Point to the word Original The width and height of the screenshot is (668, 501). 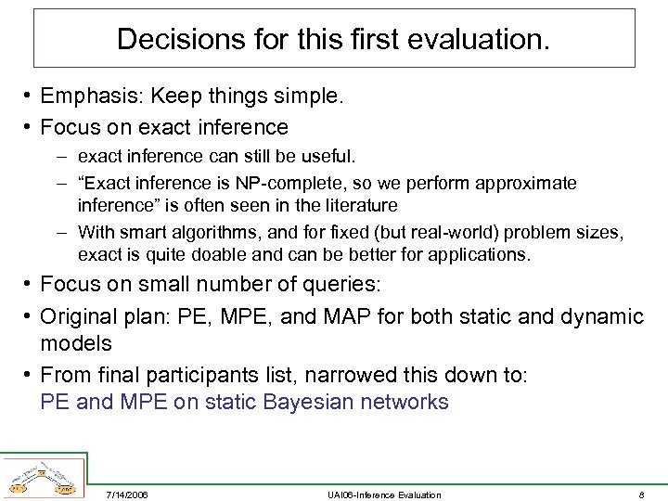coord(80,317)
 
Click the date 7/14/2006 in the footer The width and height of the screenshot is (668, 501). coord(127,495)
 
